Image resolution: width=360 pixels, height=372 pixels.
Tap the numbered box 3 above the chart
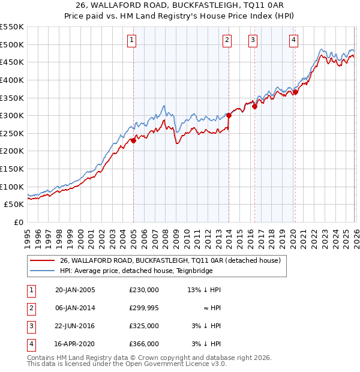click(x=253, y=40)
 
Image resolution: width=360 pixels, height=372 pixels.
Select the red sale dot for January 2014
click(x=229, y=115)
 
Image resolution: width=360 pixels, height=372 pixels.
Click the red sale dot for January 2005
click(x=133, y=140)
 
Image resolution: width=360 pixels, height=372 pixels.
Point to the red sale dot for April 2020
click(x=295, y=92)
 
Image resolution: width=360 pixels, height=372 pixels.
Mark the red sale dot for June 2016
click(x=254, y=106)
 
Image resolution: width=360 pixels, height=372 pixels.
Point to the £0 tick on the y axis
click(x=18, y=222)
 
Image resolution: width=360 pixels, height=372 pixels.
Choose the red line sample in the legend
click(x=43, y=261)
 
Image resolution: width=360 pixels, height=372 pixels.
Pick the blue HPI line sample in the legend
click(x=43, y=271)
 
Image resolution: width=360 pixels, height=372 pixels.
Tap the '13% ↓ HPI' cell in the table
click(x=205, y=290)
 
